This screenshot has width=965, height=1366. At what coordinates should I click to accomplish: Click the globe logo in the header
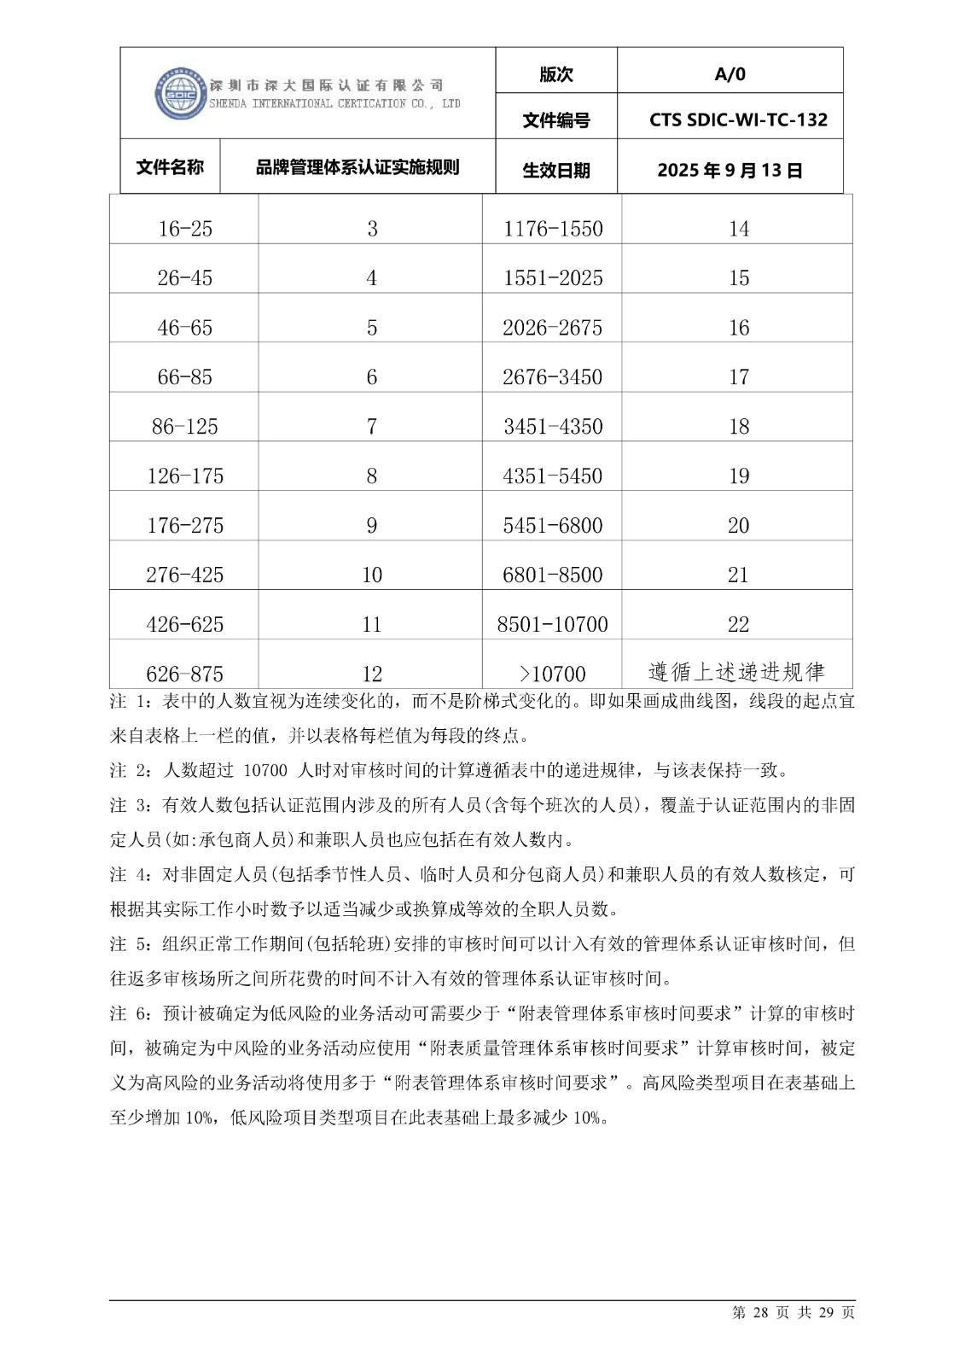pyautogui.click(x=181, y=93)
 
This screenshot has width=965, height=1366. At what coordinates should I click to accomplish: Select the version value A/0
pyautogui.click(x=730, y=74)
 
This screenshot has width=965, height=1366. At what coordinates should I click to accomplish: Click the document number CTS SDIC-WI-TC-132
pyautogui.click(x=738, y=120)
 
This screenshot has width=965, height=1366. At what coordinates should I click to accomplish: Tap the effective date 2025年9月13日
pyautogui.click(x=730, y=170)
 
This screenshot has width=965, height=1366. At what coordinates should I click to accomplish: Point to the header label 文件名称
pyautogui.click(x=170, y=167)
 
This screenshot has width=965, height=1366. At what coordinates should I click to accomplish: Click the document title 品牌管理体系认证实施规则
pyautogui.click(x=358, y=167)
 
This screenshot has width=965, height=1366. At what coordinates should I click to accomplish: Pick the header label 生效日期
pyautogui.click(x=555, y=170)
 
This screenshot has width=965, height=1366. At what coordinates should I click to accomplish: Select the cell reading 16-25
pyautogui.click(x=184, y=229)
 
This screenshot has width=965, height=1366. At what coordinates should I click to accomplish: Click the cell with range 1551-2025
pyautogui.click(x=553, y=278)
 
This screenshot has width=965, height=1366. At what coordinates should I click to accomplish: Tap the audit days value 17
pyautogui.click(x=738, y=377)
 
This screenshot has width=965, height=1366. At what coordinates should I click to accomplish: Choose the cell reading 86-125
pyautogui.click(x=184, y=427)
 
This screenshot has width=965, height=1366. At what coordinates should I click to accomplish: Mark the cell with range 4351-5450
pyautogui.click(x=553, y=476)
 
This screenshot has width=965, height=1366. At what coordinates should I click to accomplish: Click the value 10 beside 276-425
pyautogui.click(x=371, y=575)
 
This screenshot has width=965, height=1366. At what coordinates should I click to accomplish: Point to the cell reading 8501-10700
pyautogui.click(x=552, y=625)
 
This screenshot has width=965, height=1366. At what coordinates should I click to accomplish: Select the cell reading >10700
pyautogui.click(x=553, y=674)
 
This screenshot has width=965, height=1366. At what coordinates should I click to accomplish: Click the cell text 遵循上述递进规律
pyautogui.click(x=736, y=672)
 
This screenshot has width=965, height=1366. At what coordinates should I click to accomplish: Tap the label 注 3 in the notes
pyautogui.click(x=130, y=805)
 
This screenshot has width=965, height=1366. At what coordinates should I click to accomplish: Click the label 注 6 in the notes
pyautogui.click(x=130, y=1013)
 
